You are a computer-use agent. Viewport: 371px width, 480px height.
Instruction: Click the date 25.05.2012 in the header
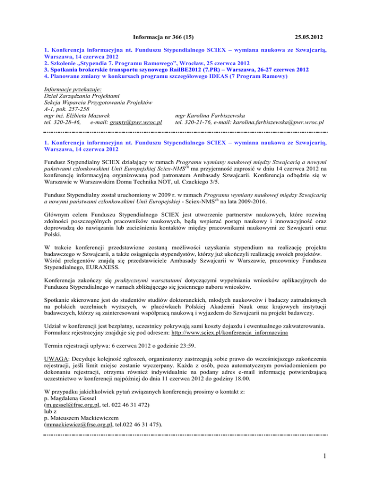tap(303, 36)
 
